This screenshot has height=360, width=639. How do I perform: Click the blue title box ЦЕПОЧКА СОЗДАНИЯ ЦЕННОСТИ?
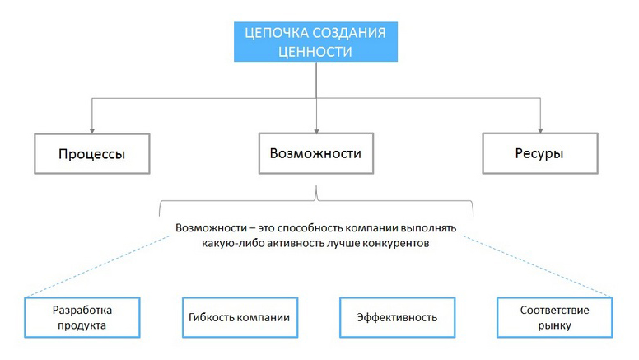pyautogui.click(x=315, y=41)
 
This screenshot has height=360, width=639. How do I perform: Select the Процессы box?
pyautogui.click(x=91, y=154)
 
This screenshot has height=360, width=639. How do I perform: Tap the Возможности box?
pyautogui.click(x=315, y=153)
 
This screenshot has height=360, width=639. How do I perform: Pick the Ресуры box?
pyautogui.click(x=539, y=153)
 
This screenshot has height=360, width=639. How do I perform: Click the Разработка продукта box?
pyautogui.click(x=82, y=317)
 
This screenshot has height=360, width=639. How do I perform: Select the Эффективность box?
pyautogui.click(x=397, y=317)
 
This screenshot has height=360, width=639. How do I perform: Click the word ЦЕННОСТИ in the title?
pyautogui.click(x=315, y=52)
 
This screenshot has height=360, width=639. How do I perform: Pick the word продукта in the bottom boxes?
pyautogui.click(x=82, y=325)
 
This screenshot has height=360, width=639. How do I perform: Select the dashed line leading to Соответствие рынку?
pyautogui.click(x=539, y=264)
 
